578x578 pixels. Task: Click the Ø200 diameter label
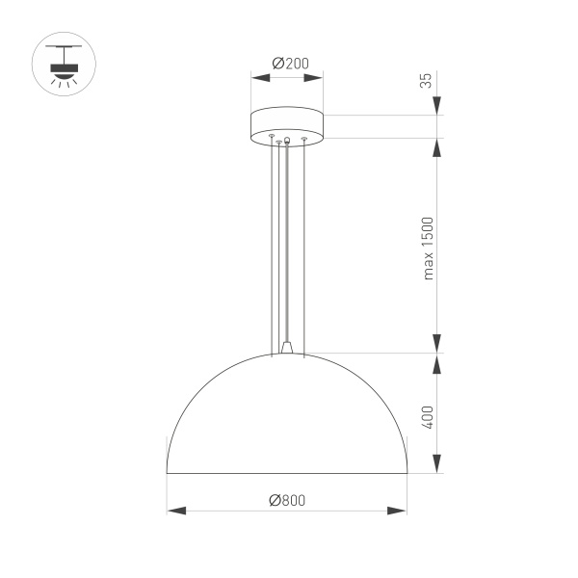tap(286, 64)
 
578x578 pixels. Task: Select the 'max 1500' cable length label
tap(428, 247)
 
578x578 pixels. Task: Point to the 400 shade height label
tap(428, 416)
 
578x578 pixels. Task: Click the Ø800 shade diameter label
tap(287, 500)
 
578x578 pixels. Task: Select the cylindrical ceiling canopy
tap(287, 126)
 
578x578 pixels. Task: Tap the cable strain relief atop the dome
tap(287, 347)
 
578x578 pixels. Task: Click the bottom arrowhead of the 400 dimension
tap(437, 464)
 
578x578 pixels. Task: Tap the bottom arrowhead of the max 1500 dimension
tap(437, 344)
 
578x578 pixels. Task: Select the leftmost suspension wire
tap(272, 241)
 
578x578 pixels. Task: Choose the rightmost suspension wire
tap(304, 241)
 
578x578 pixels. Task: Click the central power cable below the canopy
tap(287, 241)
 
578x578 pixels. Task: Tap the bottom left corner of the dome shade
tap(168, 473)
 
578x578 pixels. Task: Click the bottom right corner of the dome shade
tap(407, 473)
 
